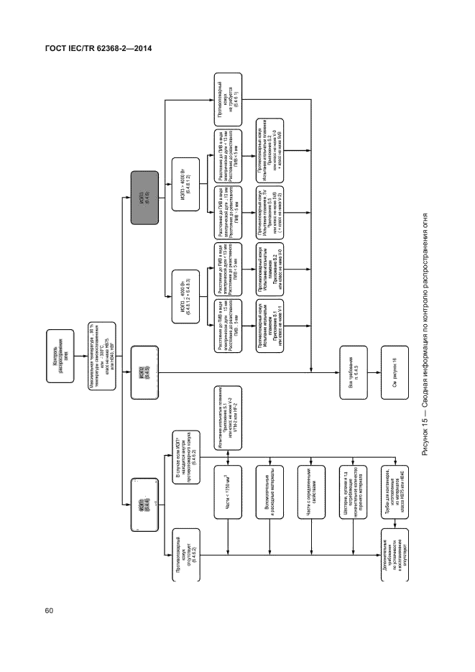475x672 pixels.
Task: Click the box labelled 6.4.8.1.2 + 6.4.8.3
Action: (182, 289)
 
